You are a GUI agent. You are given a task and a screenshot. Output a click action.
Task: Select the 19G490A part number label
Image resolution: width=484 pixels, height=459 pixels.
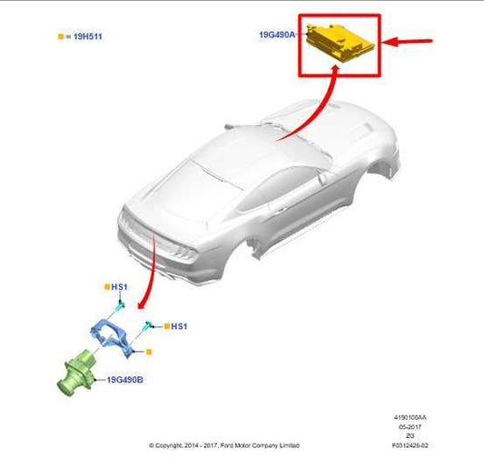point(277,35)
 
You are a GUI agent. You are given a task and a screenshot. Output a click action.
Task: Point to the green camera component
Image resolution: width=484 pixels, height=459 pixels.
point(74,374)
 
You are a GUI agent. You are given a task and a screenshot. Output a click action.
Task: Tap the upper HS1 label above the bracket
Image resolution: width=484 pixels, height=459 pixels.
point(119,287)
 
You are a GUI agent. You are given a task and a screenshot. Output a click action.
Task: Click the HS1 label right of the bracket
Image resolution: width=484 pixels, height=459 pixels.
point(179,325)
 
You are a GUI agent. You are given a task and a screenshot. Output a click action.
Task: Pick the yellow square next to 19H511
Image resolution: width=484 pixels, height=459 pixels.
point(61,36)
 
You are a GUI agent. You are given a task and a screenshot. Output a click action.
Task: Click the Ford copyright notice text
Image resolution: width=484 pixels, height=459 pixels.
point(223,446)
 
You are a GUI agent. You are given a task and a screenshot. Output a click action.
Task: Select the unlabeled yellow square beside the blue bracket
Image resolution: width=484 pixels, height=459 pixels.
point(149,351)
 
